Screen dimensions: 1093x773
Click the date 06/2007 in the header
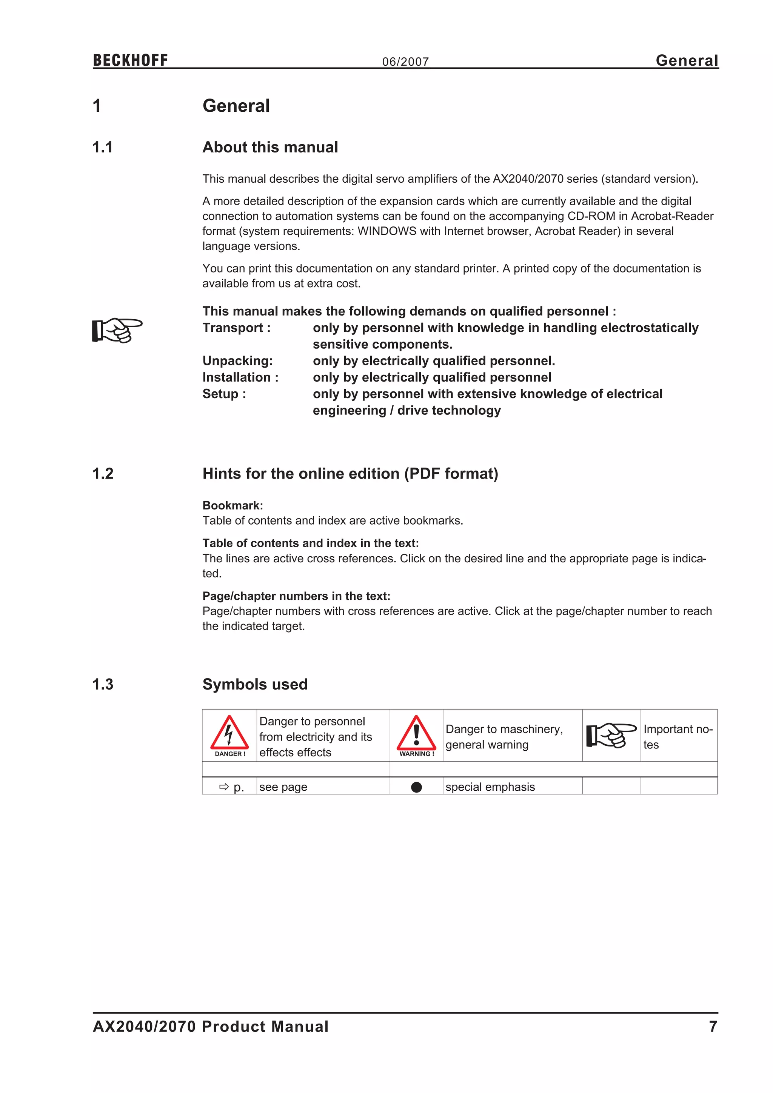pos(405,62)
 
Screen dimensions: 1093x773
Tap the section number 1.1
pos(103,147)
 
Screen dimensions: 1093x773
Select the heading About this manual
pos(270,147)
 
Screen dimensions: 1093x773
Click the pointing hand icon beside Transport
pos(117,330)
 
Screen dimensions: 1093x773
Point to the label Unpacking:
pos(237,361)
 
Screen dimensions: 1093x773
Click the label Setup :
pos(224,394)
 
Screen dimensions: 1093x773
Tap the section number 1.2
pos(103,474)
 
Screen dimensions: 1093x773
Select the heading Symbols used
pos(255,684)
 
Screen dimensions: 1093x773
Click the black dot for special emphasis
pos(416,787)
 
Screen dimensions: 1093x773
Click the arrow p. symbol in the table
pos(231,787)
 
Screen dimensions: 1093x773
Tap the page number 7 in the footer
pos(713,1026)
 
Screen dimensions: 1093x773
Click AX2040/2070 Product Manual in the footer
pos(210,1026)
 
